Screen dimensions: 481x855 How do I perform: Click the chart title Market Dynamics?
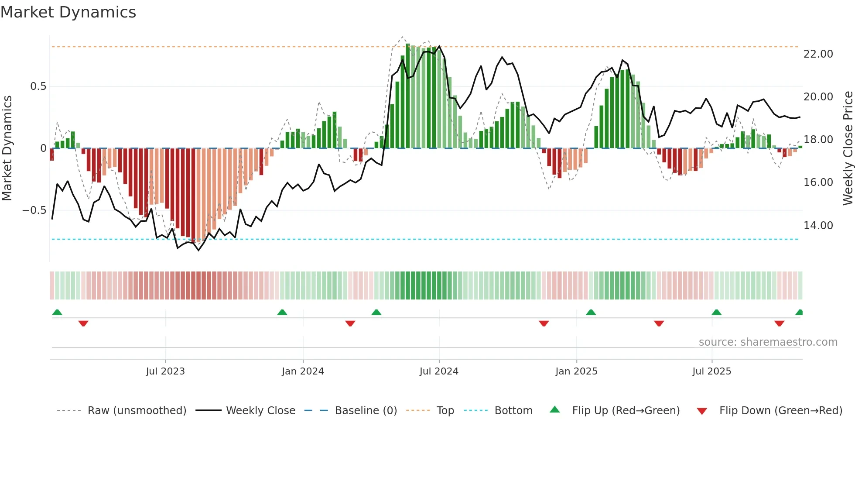68,12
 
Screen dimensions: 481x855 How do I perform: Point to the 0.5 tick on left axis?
38,86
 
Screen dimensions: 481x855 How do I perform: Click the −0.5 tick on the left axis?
34,210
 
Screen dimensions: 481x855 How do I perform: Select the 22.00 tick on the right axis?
818,54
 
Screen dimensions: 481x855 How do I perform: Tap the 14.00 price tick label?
818,226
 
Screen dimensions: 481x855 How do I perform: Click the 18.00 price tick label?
818,140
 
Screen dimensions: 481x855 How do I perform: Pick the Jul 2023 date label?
165,371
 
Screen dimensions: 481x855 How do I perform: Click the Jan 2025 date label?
576,371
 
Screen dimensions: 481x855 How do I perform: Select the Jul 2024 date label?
439,371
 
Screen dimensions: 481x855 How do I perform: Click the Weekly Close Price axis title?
848,148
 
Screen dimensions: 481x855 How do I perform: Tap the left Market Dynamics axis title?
7,148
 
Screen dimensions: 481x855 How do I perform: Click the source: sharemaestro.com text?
768,342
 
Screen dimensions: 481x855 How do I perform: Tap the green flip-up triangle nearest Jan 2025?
591,313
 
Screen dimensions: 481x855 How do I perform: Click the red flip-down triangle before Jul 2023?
83,323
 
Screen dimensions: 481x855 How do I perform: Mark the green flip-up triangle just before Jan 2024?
282,313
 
